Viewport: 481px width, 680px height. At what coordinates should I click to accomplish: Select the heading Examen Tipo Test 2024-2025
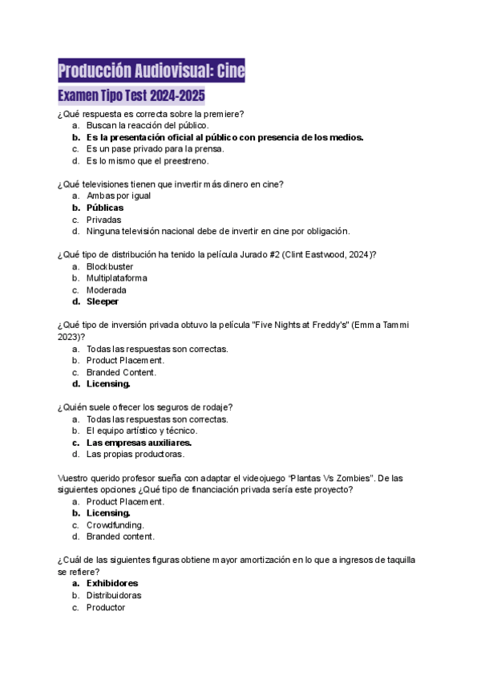click(131, 98)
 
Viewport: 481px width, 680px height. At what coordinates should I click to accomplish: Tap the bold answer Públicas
click(104, 208)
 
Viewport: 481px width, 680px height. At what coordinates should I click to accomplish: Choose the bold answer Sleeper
click(102, 302)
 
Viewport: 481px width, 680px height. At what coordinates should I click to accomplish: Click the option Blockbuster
click(110, 266)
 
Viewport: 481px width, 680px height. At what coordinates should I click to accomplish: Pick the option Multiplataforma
click(117, 278)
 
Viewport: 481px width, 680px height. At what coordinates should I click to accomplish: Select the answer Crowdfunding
click(115, 524)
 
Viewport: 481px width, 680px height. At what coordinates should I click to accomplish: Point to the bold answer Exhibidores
click(111, 584)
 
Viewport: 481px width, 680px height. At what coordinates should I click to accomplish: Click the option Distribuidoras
click(114, 596)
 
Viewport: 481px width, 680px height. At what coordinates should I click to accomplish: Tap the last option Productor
click(105, 608)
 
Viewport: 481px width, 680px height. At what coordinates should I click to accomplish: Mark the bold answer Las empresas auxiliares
click(139, 443)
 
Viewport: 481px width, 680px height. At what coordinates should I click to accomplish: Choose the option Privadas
click(103, 220)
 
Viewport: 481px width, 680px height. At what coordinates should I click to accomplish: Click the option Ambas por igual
click(118, 196)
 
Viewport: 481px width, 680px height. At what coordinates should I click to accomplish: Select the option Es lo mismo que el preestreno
click(148, 160)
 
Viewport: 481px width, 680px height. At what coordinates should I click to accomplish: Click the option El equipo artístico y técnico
click(141, 431)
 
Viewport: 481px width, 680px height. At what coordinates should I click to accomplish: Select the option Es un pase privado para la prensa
click(155, 149)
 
